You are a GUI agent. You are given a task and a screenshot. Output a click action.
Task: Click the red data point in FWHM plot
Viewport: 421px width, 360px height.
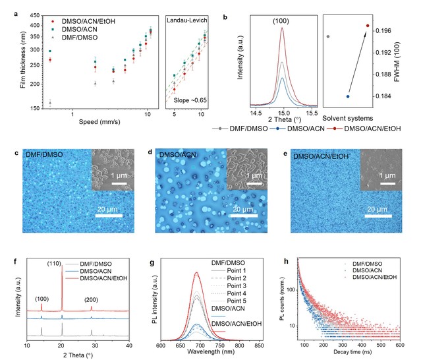coord(368,26)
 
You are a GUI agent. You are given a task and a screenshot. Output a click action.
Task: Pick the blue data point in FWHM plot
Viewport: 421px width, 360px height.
coord(348,96)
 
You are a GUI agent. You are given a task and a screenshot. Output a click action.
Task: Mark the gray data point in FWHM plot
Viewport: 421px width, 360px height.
coord(328,36)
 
